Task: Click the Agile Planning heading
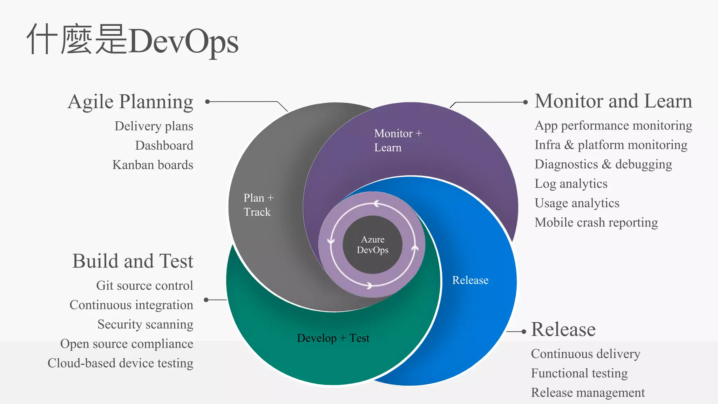pos(130,102)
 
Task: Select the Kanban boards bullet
pos(153,165)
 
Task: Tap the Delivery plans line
pos(154,126)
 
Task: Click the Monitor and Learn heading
pos(613,101)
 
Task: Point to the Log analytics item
pos(571,184)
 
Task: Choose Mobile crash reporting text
pos(596,222)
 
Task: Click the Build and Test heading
pos(133,261)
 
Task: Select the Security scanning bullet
pos(145,324)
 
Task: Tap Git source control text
pos(144,285)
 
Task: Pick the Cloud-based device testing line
pos(120,363)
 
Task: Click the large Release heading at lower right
pos(563,330)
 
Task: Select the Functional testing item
pos(579,373)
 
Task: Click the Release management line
pos(588,392)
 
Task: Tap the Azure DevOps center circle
pos(373,245)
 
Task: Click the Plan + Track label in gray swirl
pos(258,205)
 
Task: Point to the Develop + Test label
pos(333,338)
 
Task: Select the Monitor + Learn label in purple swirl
pos(398,140)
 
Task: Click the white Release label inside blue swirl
pos(470,280)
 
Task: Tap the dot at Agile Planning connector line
pos(207,102)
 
